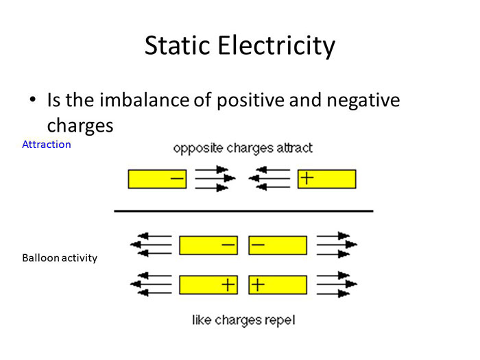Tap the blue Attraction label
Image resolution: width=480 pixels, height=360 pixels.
[x=47, y=145]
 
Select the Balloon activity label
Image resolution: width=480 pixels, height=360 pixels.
[x=60, y=258]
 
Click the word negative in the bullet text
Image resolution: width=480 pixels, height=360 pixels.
[x=361, y=100]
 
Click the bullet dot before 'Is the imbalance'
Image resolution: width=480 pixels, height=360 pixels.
[x=32, y=101]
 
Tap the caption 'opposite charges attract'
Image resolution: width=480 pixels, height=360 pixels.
[x=243, y=147]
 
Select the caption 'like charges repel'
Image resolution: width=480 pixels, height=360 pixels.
[x=243, y=320]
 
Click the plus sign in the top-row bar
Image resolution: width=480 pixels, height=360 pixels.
[x=307, y=178]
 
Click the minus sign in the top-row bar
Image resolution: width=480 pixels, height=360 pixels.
[x=177, y=179]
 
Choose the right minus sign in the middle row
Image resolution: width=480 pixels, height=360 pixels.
[x=258, y=244]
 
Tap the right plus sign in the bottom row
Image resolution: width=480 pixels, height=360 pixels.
[x=258, y=284]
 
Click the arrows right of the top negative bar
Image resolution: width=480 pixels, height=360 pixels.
[x=215, y=178]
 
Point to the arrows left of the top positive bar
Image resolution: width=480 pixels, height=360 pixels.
[x=269, y=178]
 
